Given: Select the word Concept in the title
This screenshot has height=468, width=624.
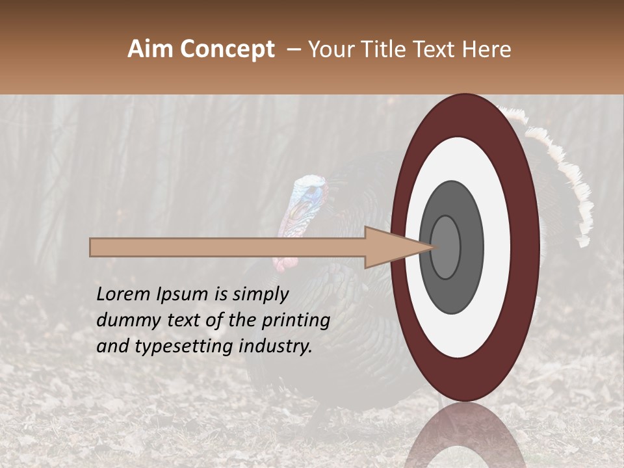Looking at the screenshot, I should (227, 49).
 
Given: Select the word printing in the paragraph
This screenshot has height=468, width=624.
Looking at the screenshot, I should (295, 320).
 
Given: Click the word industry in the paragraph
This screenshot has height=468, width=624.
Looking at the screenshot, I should (276, 346).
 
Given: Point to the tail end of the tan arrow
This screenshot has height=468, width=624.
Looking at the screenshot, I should (94, 247).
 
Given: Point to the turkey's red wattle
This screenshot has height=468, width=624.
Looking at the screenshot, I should (285, 263).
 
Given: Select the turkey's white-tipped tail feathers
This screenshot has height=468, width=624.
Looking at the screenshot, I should (572, 175).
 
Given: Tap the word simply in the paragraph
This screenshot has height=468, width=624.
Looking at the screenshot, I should (260, 294).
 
